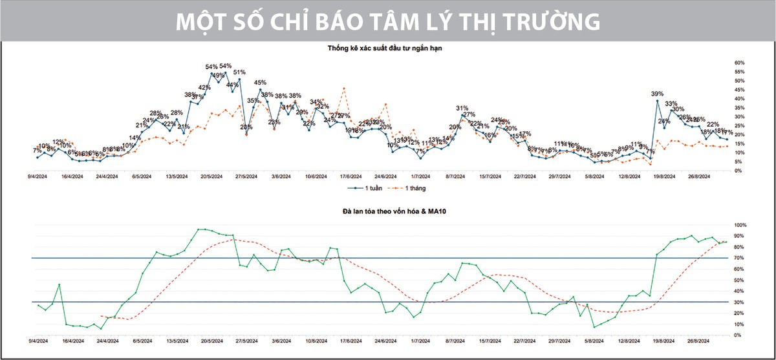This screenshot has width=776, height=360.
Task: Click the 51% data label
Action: (239, 72)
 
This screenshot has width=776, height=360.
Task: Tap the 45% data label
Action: (260, 83)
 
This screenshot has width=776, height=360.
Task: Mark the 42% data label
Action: (204, 88)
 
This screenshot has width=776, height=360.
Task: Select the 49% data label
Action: (219, 76)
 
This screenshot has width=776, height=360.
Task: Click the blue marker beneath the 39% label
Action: (658, 101)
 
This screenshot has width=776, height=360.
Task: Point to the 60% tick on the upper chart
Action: (739, 63)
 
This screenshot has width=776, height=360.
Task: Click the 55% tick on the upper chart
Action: (739, 72)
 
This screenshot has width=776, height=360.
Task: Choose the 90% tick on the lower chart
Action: (739, 236)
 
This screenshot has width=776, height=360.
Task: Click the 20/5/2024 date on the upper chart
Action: (211, 175)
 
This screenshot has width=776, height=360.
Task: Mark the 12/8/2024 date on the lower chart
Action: (628, 339)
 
